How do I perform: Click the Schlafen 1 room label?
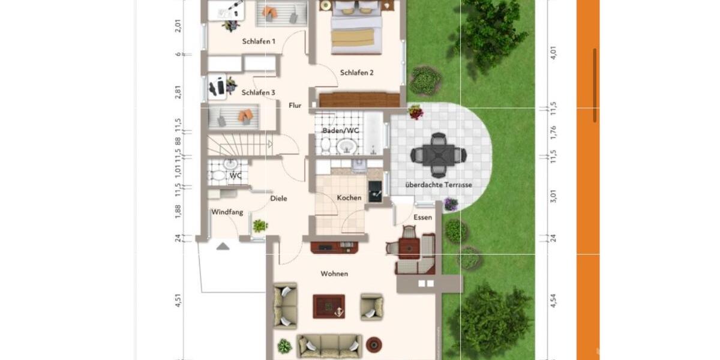tap(259, 42)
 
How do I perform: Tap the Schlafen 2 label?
tap(357, 73)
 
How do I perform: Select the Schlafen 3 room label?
tap(259, 93)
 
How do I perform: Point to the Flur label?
tap(295, 106)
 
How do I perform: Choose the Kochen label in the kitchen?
tap(349, 198)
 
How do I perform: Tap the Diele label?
tap(278, 199)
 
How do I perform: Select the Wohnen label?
tap(334, 274)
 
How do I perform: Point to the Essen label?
tap(422, 217)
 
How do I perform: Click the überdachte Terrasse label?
tap(439, 185)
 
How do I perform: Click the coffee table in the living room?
tap(329, 306)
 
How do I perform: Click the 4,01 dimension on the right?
tap(554, 53)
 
